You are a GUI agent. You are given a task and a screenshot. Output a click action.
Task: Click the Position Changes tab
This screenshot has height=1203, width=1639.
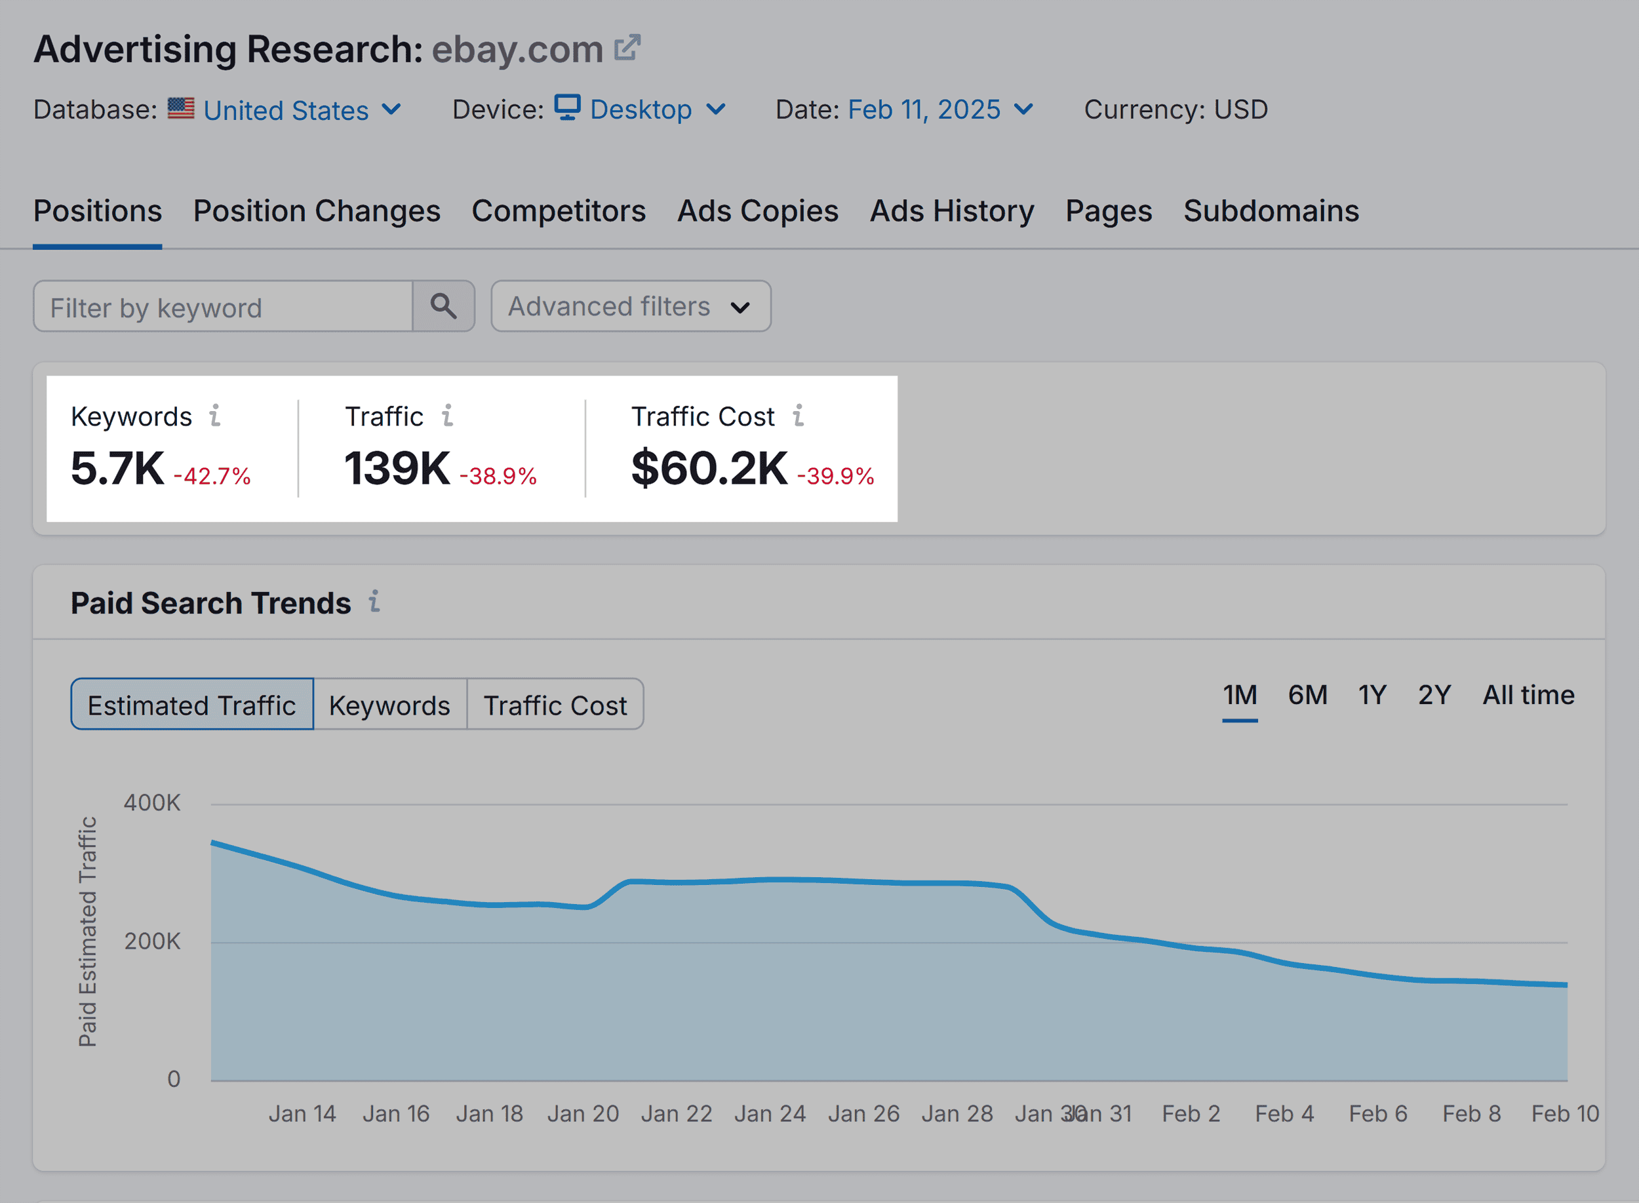[x=316, y=211]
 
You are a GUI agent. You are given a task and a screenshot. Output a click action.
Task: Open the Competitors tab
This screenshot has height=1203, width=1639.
[x=558, y=211]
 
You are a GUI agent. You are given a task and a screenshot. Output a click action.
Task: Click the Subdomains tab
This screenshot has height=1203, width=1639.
[x=1271, y=211]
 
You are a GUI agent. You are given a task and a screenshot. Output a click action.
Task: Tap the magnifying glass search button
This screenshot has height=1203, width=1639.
[x=443, y=307]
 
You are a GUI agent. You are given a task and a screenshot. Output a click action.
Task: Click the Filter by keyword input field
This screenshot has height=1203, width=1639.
[x=222, y=307]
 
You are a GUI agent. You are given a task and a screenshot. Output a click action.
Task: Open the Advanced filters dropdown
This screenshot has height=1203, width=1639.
[x=630, y=307]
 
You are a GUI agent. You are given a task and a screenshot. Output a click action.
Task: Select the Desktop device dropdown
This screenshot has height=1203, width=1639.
[x=639, y=109]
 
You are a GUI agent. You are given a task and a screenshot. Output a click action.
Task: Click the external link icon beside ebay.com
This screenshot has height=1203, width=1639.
[x=627, y=48]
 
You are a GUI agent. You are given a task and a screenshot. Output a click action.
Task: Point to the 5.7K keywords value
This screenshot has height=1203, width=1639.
[x=117, y=468]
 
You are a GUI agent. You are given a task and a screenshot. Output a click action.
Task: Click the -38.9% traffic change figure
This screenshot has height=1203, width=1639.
[x=498, y=476]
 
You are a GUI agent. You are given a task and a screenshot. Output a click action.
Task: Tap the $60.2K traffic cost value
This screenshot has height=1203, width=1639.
[x=709, y=468]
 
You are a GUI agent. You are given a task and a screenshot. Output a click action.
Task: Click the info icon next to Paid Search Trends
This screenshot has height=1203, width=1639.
[x=374, y=602]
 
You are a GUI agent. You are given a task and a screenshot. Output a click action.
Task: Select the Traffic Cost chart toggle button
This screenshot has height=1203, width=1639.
[x=555, y=705]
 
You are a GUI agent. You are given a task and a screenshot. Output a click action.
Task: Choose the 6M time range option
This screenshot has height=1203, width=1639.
[x=1307, y=695]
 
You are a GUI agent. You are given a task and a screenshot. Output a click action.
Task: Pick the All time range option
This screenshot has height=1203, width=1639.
[x=1528, y=695]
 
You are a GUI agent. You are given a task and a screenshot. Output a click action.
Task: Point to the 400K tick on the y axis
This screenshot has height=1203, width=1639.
[x=151, y=802]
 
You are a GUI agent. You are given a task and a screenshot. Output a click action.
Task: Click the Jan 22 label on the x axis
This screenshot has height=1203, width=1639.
[x=676, y=1113]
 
